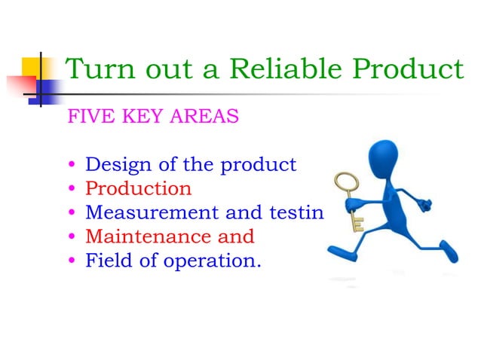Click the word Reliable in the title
285,69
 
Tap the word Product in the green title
408,69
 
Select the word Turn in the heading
100,69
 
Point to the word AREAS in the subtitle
204,116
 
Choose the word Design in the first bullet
118,165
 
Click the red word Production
139,188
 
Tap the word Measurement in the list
152,212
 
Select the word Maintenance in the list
148,236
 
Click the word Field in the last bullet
109,260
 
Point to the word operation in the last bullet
213,261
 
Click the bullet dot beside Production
72,188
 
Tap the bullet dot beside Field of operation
72,260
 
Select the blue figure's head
383,158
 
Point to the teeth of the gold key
358,224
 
